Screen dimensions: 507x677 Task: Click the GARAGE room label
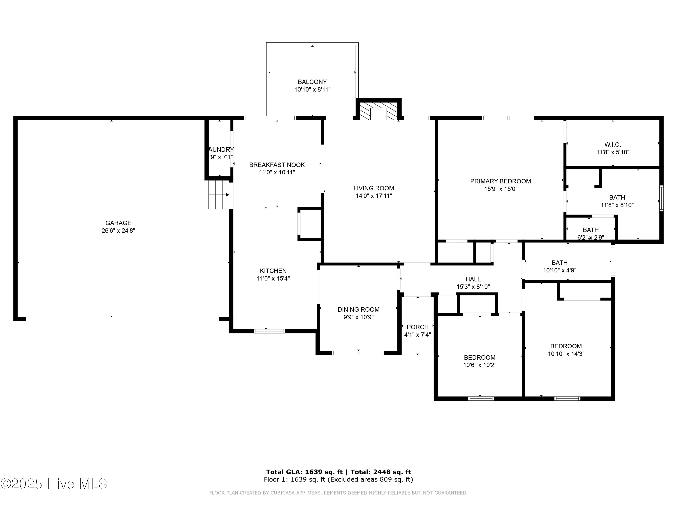pos(118,223)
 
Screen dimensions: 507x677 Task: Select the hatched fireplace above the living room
pos(379,112)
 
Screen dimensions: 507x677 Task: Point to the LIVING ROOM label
pos(373,188)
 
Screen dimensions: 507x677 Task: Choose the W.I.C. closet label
pos(612,145)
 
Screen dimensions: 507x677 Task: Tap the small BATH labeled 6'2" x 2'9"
pos(590,230)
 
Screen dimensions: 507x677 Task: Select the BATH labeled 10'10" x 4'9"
pos(559,263)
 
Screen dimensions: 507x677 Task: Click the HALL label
pos(473,279)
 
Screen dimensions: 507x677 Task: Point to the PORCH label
pos(417,327)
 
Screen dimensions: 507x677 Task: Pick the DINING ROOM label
pos(358,310)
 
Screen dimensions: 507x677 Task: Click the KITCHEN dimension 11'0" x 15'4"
pos(273,279)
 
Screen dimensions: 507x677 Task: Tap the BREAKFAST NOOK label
pos(277,165)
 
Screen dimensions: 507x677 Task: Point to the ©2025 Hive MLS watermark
pos(53,484)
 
